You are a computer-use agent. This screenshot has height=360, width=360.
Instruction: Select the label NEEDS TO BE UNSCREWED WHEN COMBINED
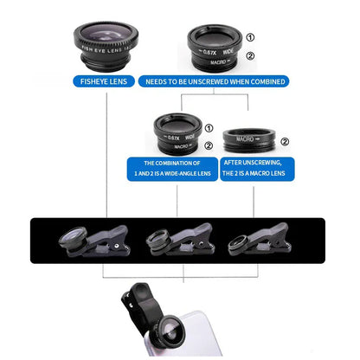[x=216, y=81]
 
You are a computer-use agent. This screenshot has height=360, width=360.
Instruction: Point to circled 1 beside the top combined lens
[x=251, y=37]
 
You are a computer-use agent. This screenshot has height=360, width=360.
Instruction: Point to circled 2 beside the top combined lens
[x=251, y=58]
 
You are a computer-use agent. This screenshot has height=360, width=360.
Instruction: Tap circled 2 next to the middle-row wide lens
[x=208, y=146]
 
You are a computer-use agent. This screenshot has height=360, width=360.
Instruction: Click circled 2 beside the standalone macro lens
[x=285, y=141]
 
